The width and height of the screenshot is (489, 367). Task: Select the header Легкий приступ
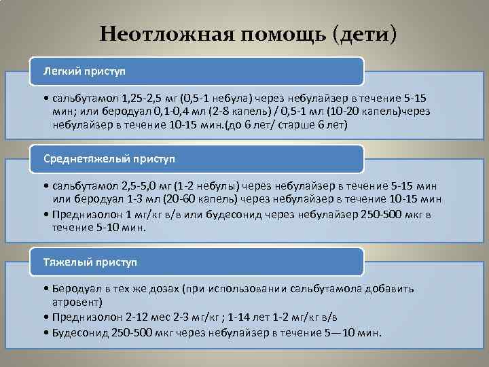[x=84, y=71]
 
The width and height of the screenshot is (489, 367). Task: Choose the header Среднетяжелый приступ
[x=109, y=158]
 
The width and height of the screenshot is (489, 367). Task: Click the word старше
[x=308, y=125]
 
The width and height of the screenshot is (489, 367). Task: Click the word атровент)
[x=77, y=302]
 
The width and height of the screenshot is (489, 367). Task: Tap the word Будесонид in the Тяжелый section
[x=77, y=332]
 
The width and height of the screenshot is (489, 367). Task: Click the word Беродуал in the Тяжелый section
[x=75, y=288]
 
